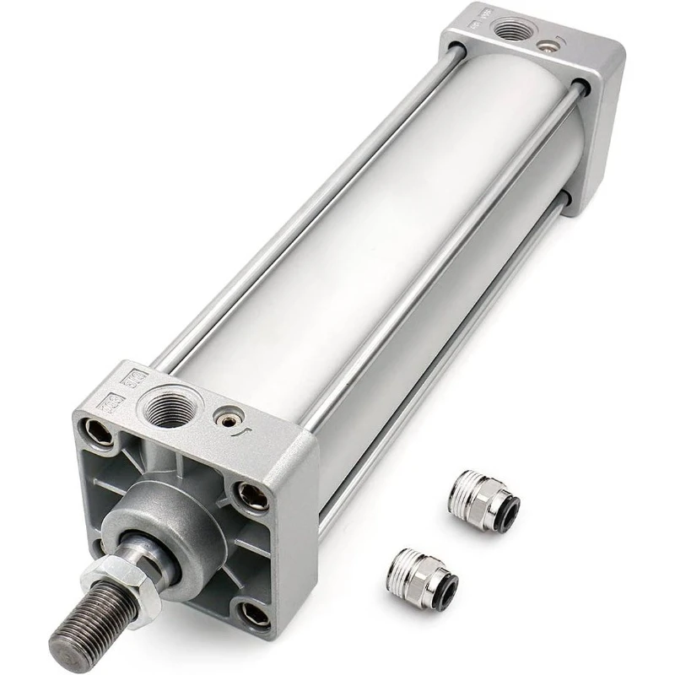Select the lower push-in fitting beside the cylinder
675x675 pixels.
[422, 575]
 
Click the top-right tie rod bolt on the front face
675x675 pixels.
[251, 496]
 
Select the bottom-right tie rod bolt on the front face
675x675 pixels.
[254, 613]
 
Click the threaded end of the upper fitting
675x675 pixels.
[461, 486]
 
